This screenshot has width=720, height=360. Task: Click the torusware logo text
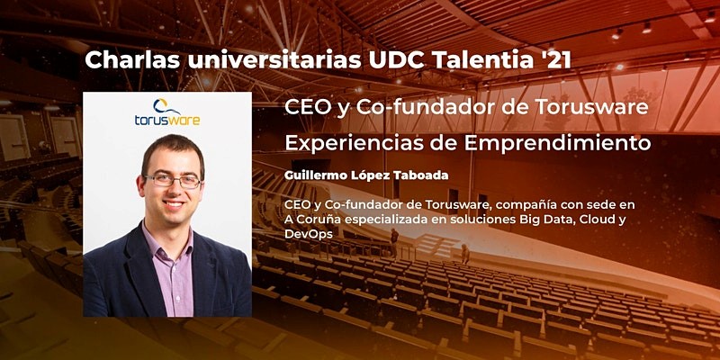click(167, 119)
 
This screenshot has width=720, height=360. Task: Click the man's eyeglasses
click(172, 181)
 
